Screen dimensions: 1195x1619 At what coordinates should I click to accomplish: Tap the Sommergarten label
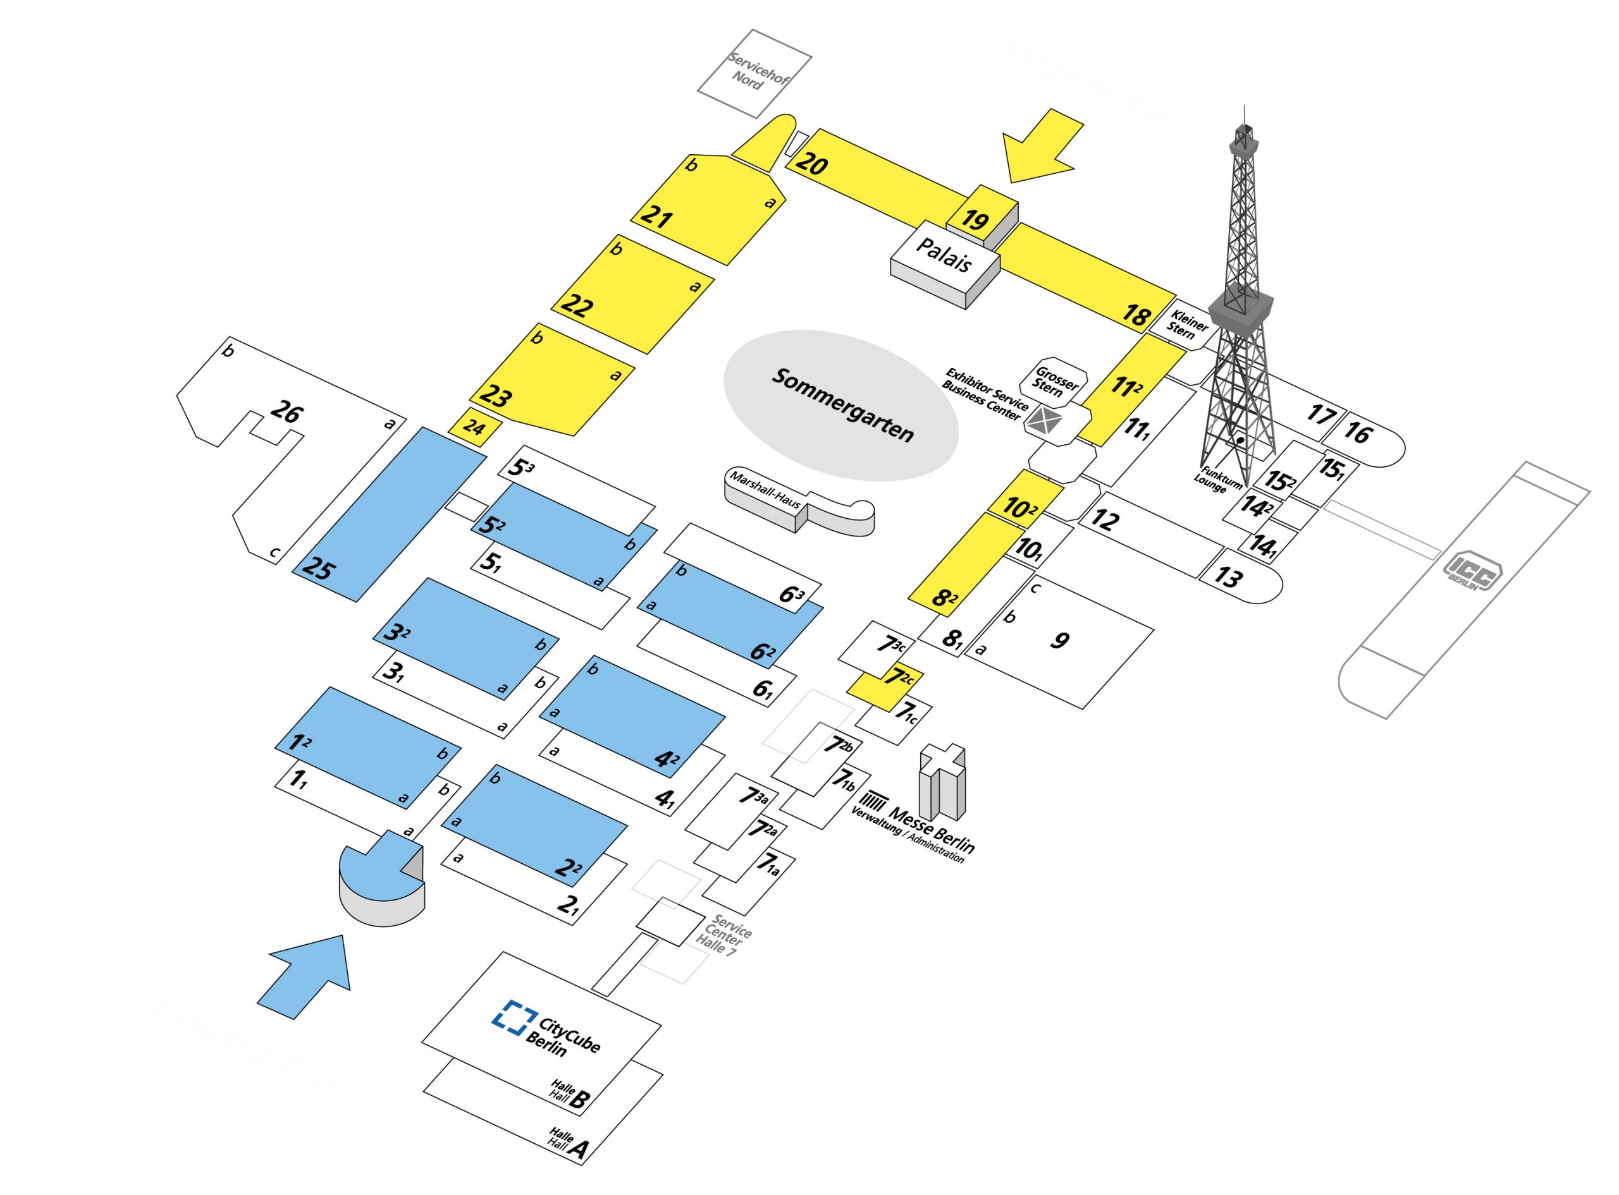tap(843, 404)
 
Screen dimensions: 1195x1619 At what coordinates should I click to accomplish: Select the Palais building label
tap(943, 255)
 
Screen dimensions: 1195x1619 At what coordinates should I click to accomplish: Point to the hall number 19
tap(975, 219)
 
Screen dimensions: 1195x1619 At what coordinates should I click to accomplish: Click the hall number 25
tap(319, 569)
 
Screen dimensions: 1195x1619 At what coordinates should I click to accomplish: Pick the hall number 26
tap(286, 412)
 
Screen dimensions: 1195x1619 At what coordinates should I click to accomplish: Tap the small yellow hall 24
tap(474, 427)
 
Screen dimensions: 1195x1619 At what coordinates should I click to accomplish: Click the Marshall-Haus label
tap(765, 489)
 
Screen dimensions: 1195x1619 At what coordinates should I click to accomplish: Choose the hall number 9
tap(1059, 640)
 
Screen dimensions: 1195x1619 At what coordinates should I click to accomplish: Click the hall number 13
tap(1228, 576)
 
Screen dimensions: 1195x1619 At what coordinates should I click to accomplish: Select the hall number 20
tap(811, 164)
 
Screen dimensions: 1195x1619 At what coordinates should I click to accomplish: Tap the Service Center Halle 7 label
tap(723, 937)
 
